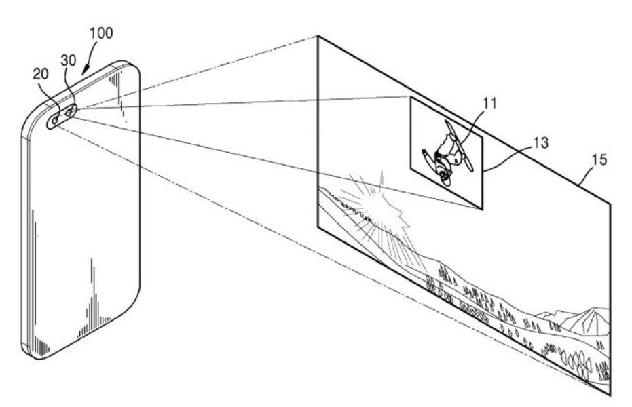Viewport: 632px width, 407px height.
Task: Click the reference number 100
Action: [100, 33]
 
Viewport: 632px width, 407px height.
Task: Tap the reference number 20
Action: [41, 74]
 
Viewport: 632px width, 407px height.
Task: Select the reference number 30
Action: [69, 60]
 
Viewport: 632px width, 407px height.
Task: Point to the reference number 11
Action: [489, 104]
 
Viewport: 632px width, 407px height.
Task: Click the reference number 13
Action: [541, 142]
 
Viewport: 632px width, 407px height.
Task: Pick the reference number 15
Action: [599, 160]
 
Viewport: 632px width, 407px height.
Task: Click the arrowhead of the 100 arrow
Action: [85, 71]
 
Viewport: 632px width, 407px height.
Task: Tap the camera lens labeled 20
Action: [56, 119]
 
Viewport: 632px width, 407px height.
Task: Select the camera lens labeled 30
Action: [70, 111]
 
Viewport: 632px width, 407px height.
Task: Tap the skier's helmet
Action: [445, 177]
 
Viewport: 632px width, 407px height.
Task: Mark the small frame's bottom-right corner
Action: [482, 210]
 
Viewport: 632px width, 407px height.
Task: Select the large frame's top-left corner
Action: [318, 36]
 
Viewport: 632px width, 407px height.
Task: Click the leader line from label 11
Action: [474, 126]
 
